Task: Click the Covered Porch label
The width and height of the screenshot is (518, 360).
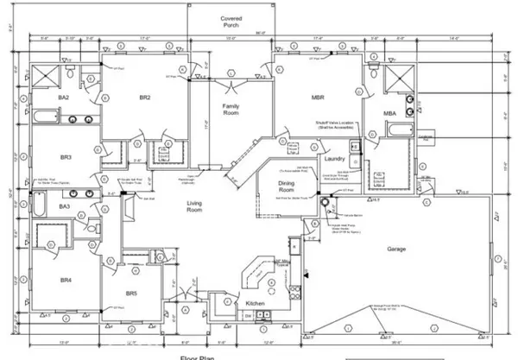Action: (x=231, y=22)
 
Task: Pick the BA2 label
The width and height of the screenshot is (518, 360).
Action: (x=40, y=98)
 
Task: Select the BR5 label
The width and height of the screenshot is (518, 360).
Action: (x=130, y=294)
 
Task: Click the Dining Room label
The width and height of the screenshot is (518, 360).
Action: (x=287, y=186)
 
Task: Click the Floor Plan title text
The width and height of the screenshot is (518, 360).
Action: (x=198, y=357)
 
